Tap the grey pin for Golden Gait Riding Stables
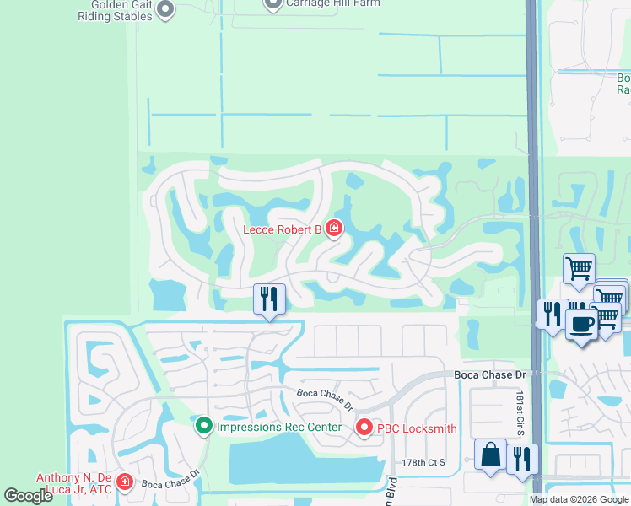click(165, 9)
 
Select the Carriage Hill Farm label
click(332, 3)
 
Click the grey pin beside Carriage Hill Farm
click(272, 4)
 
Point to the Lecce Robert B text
click(283, 229)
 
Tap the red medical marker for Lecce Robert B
click(334, 228)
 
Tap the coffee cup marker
click(580, 323)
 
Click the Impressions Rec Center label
click(279, 427)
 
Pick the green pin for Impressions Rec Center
click(203, 426)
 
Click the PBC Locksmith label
click(417, 428)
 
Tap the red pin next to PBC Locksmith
click(364, 428)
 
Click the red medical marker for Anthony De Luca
click(125, 482)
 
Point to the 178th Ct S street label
click(423, 463)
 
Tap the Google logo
click(29, 496)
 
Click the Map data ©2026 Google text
click(578, 499)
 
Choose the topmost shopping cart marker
click(579, 268)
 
